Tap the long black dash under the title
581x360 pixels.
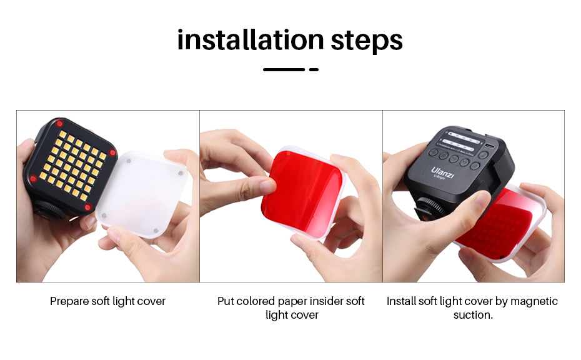coord(284,69)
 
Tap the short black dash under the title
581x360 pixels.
coord(314,69)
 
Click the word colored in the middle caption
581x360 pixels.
coord(256,301)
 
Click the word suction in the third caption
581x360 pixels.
coord(472,315)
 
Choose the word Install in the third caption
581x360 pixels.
coord(401,301)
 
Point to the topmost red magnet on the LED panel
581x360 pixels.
coord(59,122)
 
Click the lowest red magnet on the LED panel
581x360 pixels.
coord(87,207)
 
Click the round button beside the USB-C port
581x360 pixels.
coord(483,155)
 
